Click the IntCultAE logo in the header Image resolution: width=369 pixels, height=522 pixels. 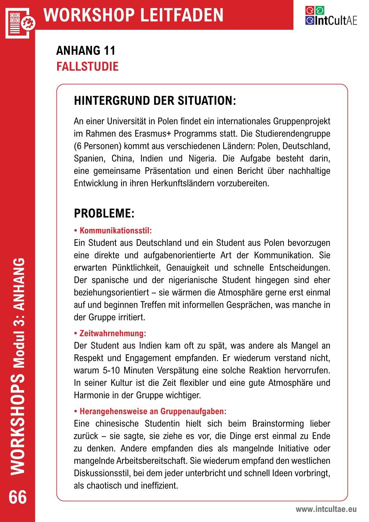[331, 16]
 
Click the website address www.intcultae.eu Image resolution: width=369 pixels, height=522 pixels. [326, 509]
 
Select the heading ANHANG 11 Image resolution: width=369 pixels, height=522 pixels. [86, 51]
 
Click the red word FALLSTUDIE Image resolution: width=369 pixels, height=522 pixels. [87, 66]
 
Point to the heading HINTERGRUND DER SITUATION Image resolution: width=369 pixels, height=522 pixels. [155, 101]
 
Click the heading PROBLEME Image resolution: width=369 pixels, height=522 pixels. [104, 214]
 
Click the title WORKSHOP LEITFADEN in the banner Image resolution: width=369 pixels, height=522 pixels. [133, 15]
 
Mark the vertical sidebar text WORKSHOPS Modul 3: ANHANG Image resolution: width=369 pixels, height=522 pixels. [18, 366]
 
